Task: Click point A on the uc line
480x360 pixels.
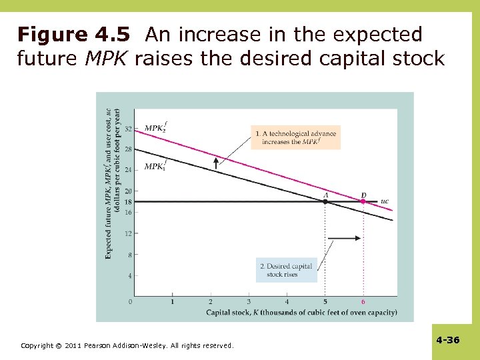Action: tap(325, 201)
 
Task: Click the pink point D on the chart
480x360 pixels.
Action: tap(363, 201)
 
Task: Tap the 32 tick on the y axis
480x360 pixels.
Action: tap(127, 128)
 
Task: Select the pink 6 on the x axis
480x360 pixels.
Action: tap(363, 302)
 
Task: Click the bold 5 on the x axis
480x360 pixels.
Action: tap(325, 302)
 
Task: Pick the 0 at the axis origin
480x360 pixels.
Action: tap(129, 302)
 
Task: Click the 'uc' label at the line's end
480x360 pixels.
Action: tap(384, 201)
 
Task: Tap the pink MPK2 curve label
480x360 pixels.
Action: tap(156, 127)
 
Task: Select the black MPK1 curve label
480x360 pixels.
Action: tap(156, 165)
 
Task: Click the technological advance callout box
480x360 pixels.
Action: tap(295, 137)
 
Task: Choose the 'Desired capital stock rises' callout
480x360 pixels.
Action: tap(286, 270)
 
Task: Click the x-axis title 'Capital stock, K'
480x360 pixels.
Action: tap(301, 312)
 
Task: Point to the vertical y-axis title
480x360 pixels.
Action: tap(112, 183)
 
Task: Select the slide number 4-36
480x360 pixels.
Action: tap(447, 340)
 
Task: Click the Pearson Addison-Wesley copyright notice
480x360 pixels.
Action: tap(127, 345)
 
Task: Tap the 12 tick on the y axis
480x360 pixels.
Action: tap(127, 233)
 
